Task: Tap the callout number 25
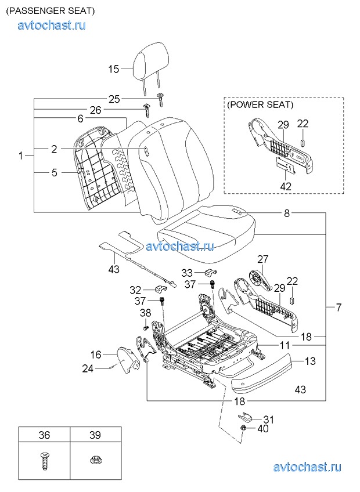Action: (114, 99)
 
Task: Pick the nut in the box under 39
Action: (95, 461)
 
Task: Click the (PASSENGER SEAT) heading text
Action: (51, 11)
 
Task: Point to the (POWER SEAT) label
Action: (260, 105)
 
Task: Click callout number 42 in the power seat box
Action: (286, 186)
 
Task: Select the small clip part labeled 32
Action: (160, 288)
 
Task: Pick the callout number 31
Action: (268, 419)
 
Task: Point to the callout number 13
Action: (310, 361)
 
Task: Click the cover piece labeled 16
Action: (128, 360)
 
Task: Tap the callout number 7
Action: (339, 307)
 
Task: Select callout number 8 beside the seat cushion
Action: (287, 214)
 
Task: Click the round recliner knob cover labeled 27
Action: (260, 280)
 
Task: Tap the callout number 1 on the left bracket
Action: (21, 155)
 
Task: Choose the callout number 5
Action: (55, 172)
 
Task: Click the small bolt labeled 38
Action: (145, 327)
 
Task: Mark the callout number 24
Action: (88, 368)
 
